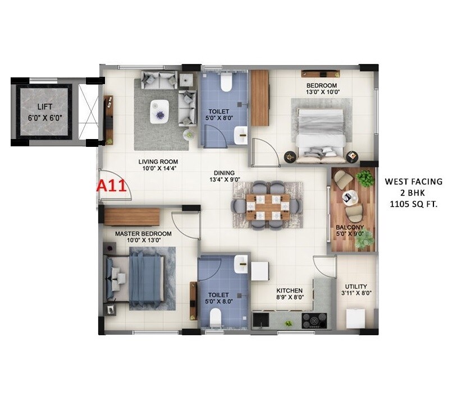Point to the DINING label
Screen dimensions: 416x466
point(224,173)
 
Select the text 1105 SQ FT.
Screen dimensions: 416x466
point(414,205)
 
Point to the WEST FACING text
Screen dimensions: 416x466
point(414,182)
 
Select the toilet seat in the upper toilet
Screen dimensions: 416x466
point(226,82)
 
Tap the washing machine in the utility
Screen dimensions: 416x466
point(356,318)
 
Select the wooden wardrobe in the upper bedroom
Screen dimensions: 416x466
point(259,97)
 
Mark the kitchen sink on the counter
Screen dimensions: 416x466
point(260,320)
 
